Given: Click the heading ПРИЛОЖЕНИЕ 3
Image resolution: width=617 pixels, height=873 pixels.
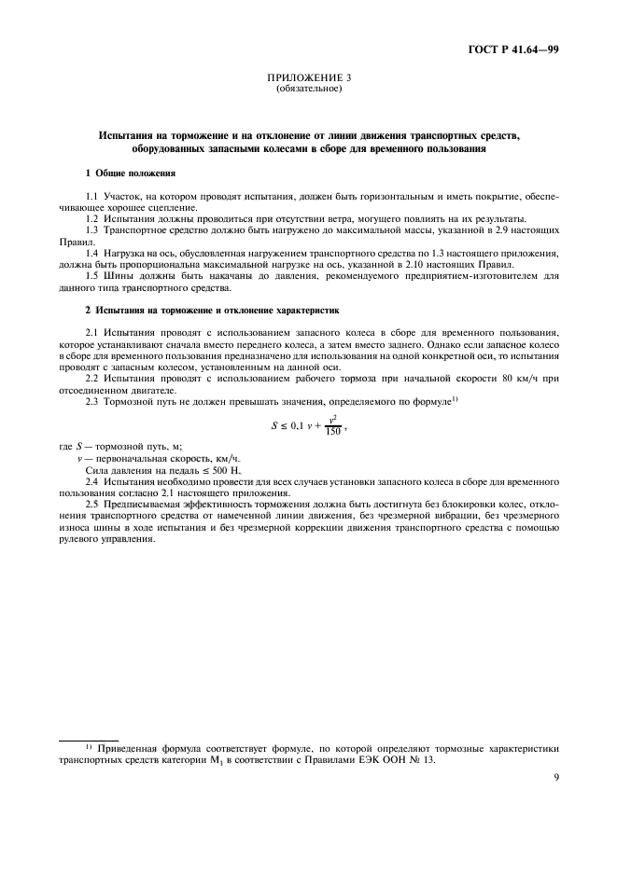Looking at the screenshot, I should (309, 79).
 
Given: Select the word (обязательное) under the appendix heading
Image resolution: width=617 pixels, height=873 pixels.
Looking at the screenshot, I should (309, 90).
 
